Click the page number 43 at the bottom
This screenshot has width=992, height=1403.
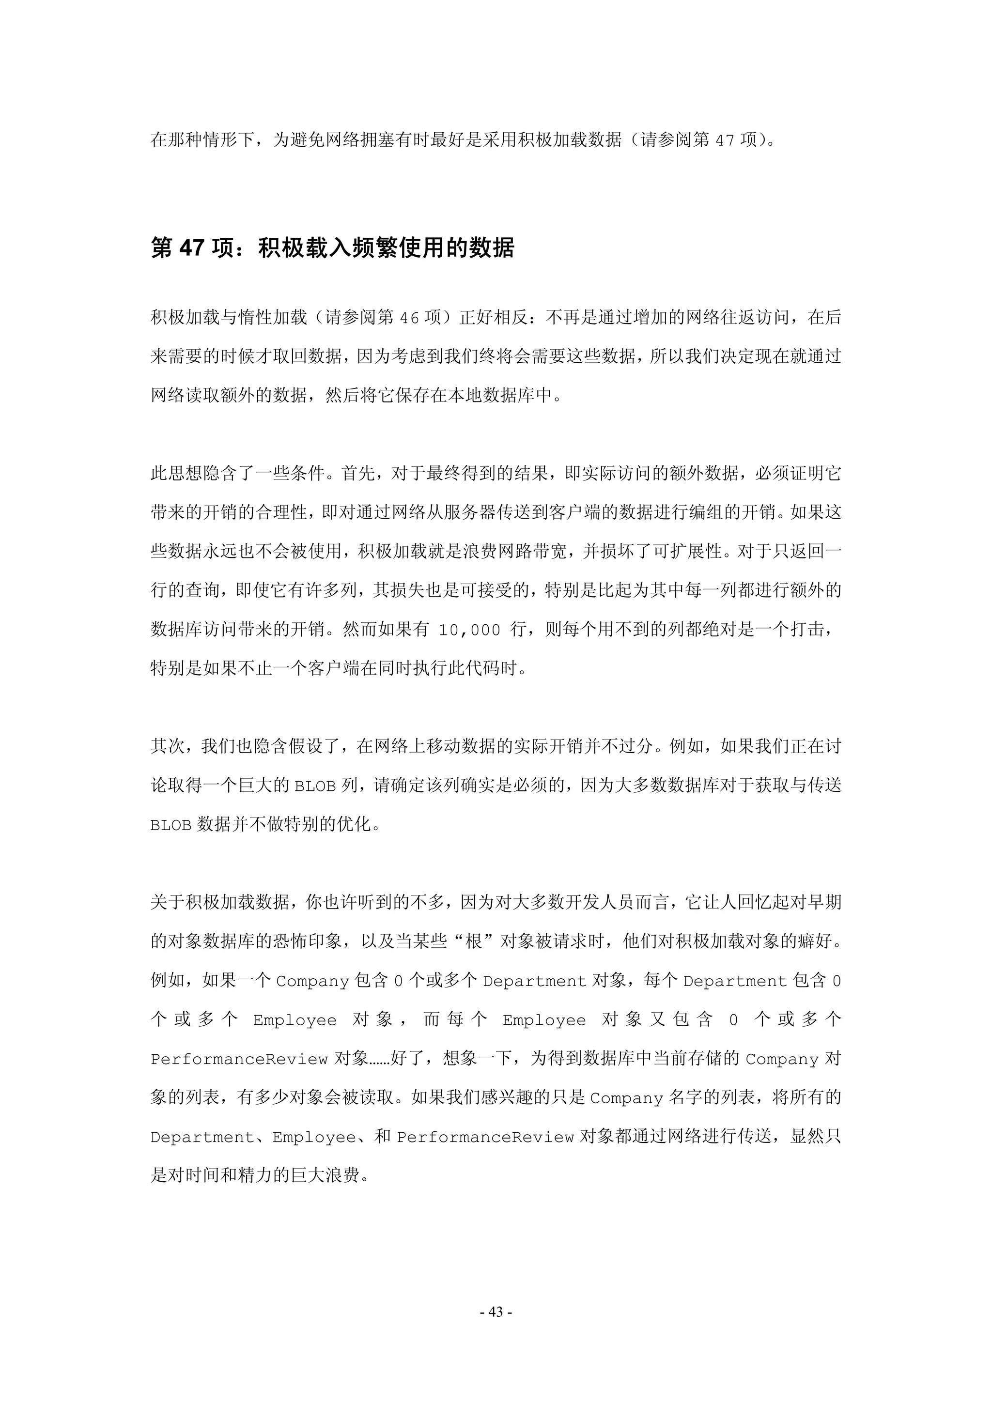click(496, 1311)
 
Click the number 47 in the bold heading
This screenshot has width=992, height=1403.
click(191, 247)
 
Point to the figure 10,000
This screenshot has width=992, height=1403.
click(469, 630)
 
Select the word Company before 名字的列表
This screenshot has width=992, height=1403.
click(626, 1098)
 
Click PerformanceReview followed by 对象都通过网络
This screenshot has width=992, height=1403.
click(485, 1137)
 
